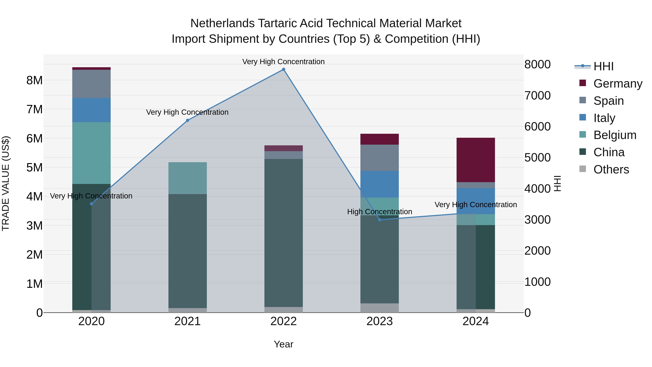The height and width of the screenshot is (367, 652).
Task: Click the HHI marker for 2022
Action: tap(283, 70)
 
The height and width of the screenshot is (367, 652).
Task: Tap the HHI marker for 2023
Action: tap(380, 220)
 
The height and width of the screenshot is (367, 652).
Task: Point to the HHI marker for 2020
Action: tap(92, 204)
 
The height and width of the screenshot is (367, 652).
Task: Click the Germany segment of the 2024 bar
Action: tap(476, 160)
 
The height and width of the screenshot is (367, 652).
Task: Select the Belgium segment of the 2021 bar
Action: tap(188, 178)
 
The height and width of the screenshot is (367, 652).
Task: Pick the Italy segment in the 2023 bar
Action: tap(380, 184)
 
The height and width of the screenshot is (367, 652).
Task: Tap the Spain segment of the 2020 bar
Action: tap(92, 84)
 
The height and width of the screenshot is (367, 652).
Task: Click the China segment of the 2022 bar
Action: tap(283, 233)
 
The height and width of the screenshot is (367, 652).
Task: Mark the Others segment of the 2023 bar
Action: tap(380, 308)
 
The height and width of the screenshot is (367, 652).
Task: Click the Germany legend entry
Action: tap(618, 84)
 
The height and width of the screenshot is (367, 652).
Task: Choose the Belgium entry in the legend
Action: tap(615, 135)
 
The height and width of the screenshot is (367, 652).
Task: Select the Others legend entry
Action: tap(611, 169)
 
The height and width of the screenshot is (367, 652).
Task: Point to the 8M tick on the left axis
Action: tap(34, 80)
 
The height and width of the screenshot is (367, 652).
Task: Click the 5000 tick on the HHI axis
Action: tap(537, 157)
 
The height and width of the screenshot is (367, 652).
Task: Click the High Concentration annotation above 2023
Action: tap(380, 212)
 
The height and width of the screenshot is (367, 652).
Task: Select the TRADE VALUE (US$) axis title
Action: tap(6, 183)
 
